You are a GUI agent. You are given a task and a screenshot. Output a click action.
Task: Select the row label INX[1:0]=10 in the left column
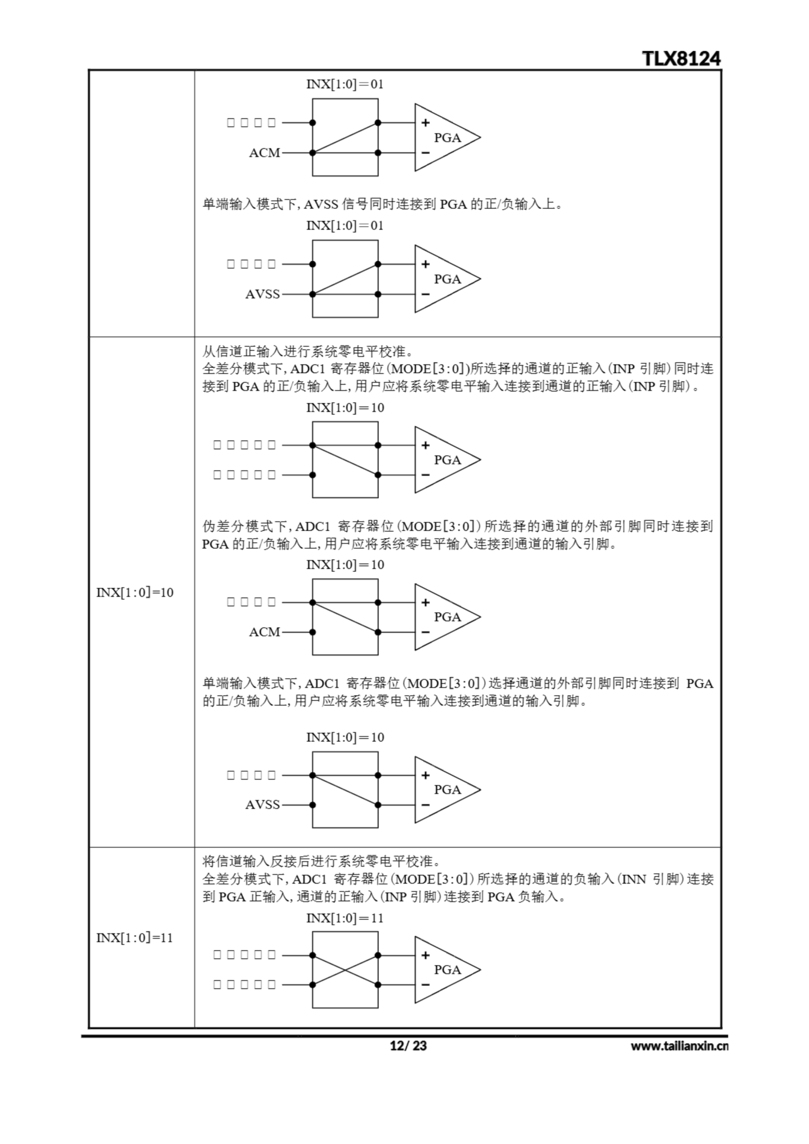135,593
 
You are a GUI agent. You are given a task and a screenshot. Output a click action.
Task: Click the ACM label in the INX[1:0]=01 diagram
264,153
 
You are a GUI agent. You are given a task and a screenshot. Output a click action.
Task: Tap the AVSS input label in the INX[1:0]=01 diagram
262,294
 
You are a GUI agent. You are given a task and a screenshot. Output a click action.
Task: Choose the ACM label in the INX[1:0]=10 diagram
264,632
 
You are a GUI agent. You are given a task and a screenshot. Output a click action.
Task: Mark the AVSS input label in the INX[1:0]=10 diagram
262,805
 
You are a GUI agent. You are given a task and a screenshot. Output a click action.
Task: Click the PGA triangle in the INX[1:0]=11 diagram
444,970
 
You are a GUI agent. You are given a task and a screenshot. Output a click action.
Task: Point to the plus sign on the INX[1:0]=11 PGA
425,955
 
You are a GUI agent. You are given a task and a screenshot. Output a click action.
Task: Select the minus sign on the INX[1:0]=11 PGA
425,984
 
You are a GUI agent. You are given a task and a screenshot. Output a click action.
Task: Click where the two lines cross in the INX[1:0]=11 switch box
345,970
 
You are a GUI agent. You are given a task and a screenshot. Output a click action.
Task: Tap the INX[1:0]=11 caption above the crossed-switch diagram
345,918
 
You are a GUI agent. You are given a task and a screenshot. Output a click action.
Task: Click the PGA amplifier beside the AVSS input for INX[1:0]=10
444,790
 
